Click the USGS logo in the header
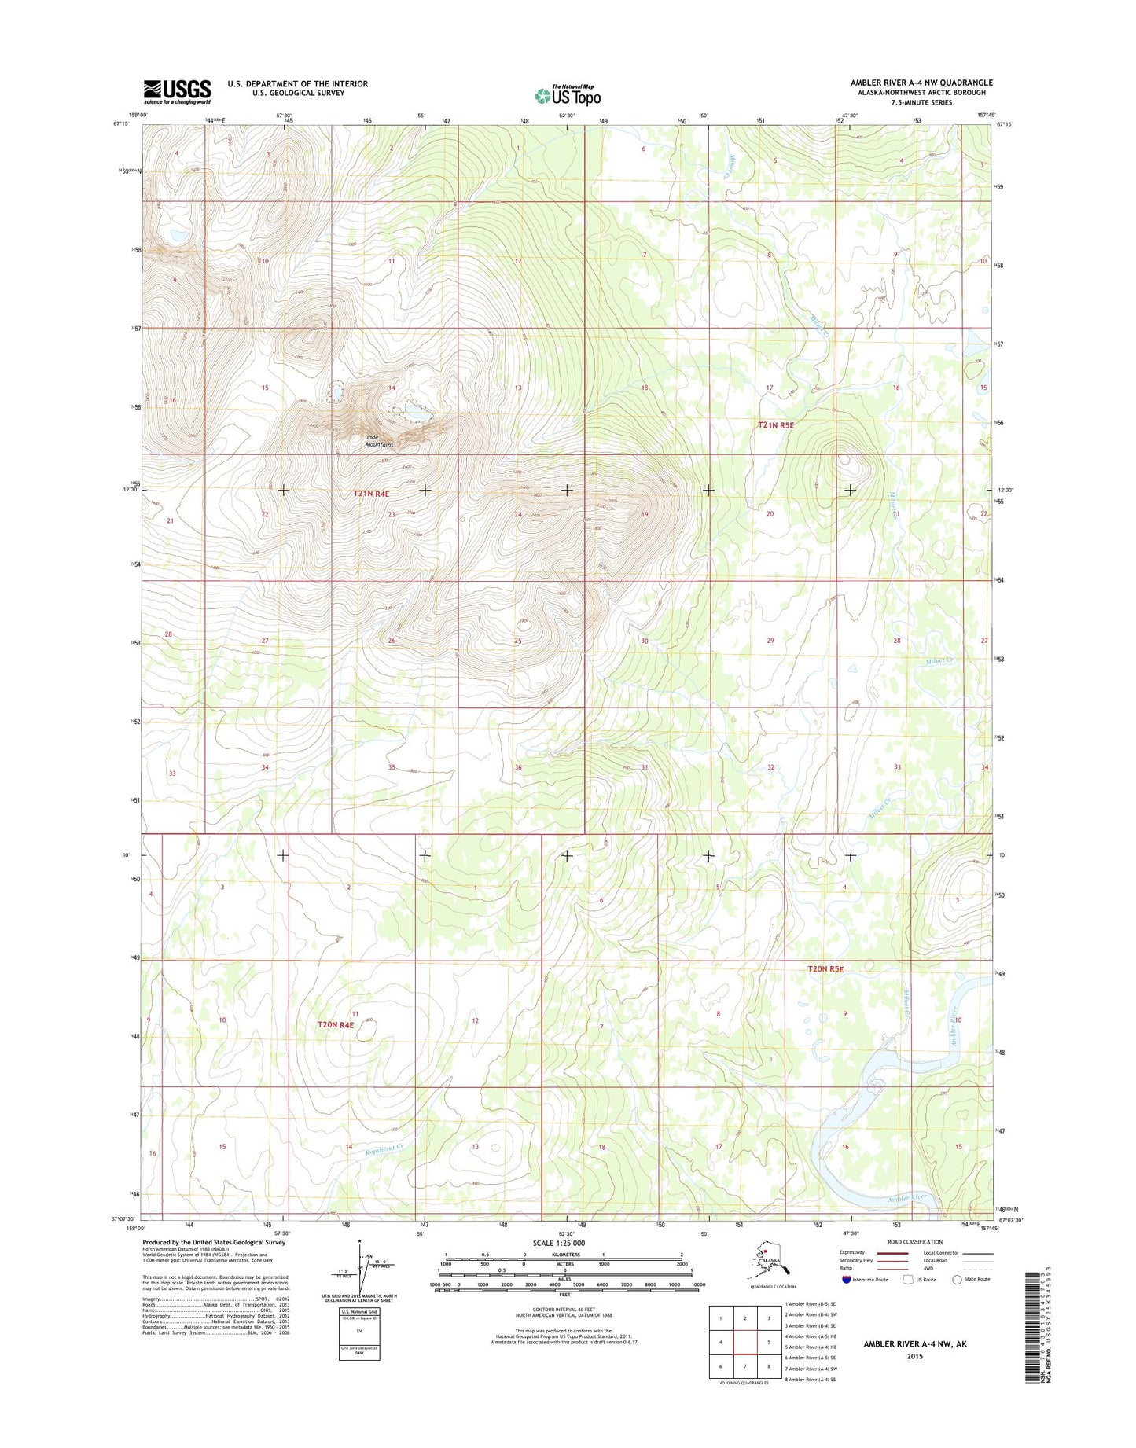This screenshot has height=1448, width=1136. pyautogui.click(x=177, y=91)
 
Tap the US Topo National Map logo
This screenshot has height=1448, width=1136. pyautogui.click(x=568, y=95)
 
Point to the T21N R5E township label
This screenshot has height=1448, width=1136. pyautogui.click(x=776, y=424)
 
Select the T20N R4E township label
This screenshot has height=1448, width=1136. pyautogui.click(x=336, y=1024)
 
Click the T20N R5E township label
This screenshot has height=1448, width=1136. pyautogui.click(x=825, y=969)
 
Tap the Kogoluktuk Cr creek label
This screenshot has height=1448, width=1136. pyautogui.click(x=384, y=1150)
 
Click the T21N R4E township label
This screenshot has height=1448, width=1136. pyautogui.click(x=371, y=494)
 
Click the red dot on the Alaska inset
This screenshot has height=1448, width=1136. pyautogui.click(x=765, y=1266)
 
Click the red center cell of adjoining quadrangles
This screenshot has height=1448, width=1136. pyautogui.click(x=744, y=1342)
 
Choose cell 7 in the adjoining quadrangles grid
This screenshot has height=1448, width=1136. pyautogui.click(x=744, y=1366)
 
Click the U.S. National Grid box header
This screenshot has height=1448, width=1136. pyautogui.click(x=358, y=1311)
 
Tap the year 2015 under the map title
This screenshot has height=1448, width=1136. pyautogui.click(x=914, y=1356)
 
